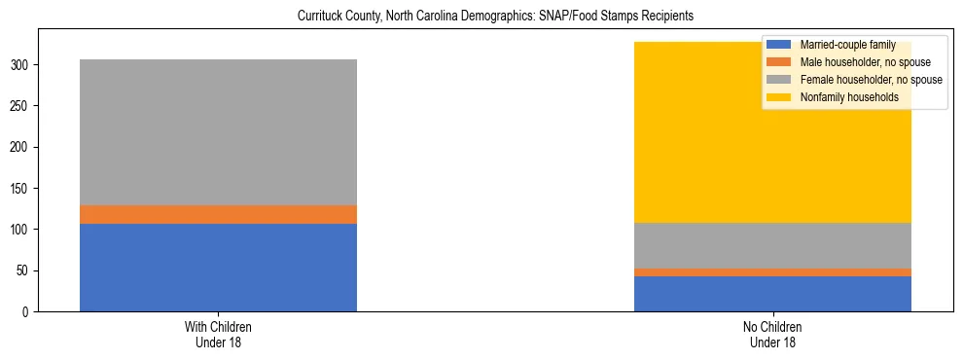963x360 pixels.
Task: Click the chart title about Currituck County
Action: click(481, 17)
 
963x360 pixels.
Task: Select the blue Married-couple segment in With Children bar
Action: click(218, 267)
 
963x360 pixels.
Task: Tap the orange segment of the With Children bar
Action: click(218, 214)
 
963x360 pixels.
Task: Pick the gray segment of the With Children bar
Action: click(218, 132)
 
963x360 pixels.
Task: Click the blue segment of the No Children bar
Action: click(772, 294)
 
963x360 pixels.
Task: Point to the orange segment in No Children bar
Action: click(772, 272)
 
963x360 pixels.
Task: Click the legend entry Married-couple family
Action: click(840, 45)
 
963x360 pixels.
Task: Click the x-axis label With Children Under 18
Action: click(218, 335)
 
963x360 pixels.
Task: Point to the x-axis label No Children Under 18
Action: click(772, 335)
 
